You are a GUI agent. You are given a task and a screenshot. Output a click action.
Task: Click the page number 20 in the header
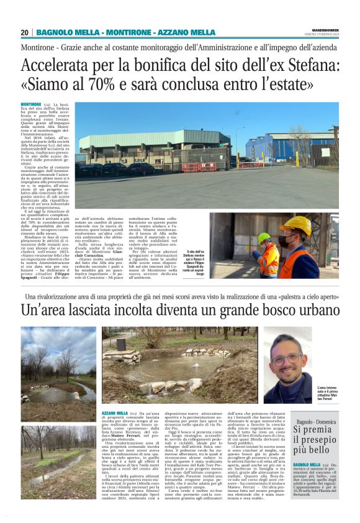pyautogui.click(x=24, y=32)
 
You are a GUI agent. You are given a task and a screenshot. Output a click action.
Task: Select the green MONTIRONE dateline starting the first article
pyautogui.click(x=30, y=104)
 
